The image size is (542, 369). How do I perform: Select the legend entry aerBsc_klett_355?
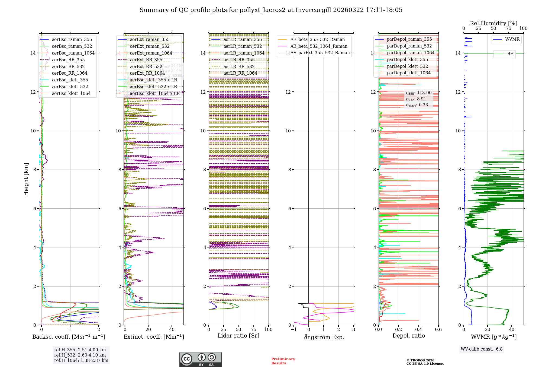(70, 80)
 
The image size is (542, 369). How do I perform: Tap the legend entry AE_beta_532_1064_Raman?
(319, 46)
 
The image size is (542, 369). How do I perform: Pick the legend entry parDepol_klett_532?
(407, 66)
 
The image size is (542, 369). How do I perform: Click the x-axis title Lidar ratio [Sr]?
(238, 336)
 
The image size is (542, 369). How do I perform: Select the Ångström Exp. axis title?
(324, 337)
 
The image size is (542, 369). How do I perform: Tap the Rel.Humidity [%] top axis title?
(493, 23)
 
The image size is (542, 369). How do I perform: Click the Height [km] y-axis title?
(26, 179)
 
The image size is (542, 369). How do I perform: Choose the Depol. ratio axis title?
(408, 336)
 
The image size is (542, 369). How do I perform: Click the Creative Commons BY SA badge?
(200, 359)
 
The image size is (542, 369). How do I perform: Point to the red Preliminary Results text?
(283, 361)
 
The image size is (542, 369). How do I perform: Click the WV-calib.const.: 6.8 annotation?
(482, 349)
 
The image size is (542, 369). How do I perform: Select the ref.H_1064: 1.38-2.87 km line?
(81, 360)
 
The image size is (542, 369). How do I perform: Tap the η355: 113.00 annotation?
(419, 93)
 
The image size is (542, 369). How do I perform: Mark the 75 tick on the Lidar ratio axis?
(254, 329)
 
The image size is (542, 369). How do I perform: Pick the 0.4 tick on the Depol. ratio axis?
(418, 329)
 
